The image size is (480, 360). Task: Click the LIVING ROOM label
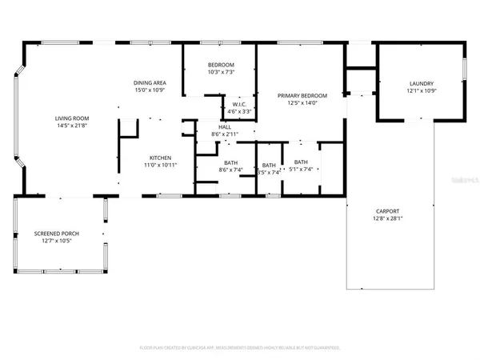(72, 117)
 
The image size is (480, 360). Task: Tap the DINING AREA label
(150, 82)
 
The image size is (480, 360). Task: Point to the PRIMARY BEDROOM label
(298, 95)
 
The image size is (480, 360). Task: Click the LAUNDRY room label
(421, 83)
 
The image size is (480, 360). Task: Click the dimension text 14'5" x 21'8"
(72, 124)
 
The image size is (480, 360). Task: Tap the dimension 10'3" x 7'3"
(221, 72)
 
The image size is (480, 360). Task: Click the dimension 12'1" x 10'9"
(421, 90)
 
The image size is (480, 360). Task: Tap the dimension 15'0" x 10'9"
(150, 90)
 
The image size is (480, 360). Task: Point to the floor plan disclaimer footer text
(240, 348)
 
